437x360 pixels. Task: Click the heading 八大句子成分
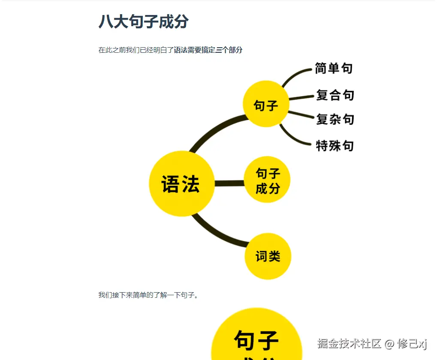(143, 21)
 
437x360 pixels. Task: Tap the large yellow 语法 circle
(181, 184)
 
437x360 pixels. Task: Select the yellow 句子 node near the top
(266, 104)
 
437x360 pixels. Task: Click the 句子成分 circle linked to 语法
(267, 180)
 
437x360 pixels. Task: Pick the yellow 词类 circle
(268, 256)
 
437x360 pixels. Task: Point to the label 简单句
(334, 68)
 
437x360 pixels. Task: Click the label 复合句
(335, 95)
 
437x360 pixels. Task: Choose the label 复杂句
(335, 119)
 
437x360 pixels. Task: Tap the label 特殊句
(335, 145)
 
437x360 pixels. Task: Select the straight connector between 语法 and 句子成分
(229, 184)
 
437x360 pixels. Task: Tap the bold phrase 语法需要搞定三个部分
(208, 50)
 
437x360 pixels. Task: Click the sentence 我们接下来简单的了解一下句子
(148, 295)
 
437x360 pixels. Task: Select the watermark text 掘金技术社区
(350, 343)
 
